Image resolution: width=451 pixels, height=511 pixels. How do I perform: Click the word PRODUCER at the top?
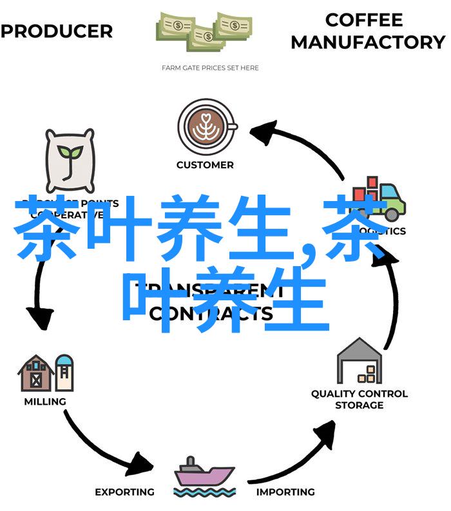point(57,31)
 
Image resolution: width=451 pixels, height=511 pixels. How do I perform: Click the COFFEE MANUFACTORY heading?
point(368,31)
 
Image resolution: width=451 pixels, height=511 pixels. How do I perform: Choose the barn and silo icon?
point(46,372)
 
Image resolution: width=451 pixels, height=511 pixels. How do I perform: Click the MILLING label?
point(45,401)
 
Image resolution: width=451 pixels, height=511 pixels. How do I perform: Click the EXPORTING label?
point(124,492)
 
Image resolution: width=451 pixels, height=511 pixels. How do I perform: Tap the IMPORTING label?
point(285,492)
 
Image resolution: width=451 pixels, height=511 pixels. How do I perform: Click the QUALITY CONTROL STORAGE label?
point(359,399)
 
